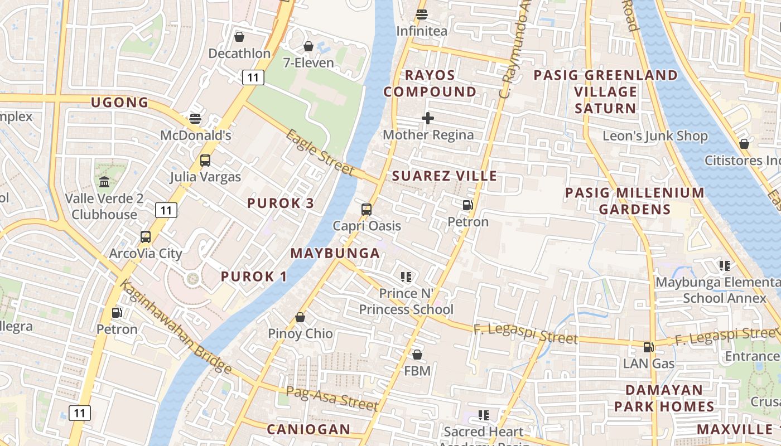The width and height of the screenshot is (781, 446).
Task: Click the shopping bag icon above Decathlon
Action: coord(239,37)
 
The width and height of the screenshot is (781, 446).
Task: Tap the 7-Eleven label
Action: coord(308,63)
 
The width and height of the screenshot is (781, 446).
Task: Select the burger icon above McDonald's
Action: coord(195,118)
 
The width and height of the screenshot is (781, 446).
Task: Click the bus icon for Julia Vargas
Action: coord(205,161)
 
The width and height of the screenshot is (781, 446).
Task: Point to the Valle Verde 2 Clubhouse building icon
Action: coord(104,182)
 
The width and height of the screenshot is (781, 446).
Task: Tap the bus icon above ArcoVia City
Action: coord(146,237)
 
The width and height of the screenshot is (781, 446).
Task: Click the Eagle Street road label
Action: coord(320,152)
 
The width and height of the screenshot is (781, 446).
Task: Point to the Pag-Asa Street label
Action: coord(332,398)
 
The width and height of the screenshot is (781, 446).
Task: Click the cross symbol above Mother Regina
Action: coord(428,118)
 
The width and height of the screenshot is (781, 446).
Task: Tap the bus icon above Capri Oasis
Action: coord(367,210)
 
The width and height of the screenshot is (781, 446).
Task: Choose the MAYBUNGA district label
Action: coord(335,253)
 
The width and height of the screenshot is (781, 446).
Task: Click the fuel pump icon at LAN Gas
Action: coord(648,347)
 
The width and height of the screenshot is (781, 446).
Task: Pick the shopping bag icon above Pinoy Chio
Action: coord(300,317)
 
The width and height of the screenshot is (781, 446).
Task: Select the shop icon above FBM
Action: coord(417,355)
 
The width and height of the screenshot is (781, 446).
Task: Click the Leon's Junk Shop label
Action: coord(655,136)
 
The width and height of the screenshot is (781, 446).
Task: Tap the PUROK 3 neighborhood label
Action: coord(281,203)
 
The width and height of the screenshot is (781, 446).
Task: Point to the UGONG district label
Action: coord(120,103)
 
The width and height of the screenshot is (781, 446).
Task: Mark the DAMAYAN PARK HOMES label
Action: coord(664,398)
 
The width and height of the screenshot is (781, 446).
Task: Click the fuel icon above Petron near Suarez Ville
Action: coord(468,205)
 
